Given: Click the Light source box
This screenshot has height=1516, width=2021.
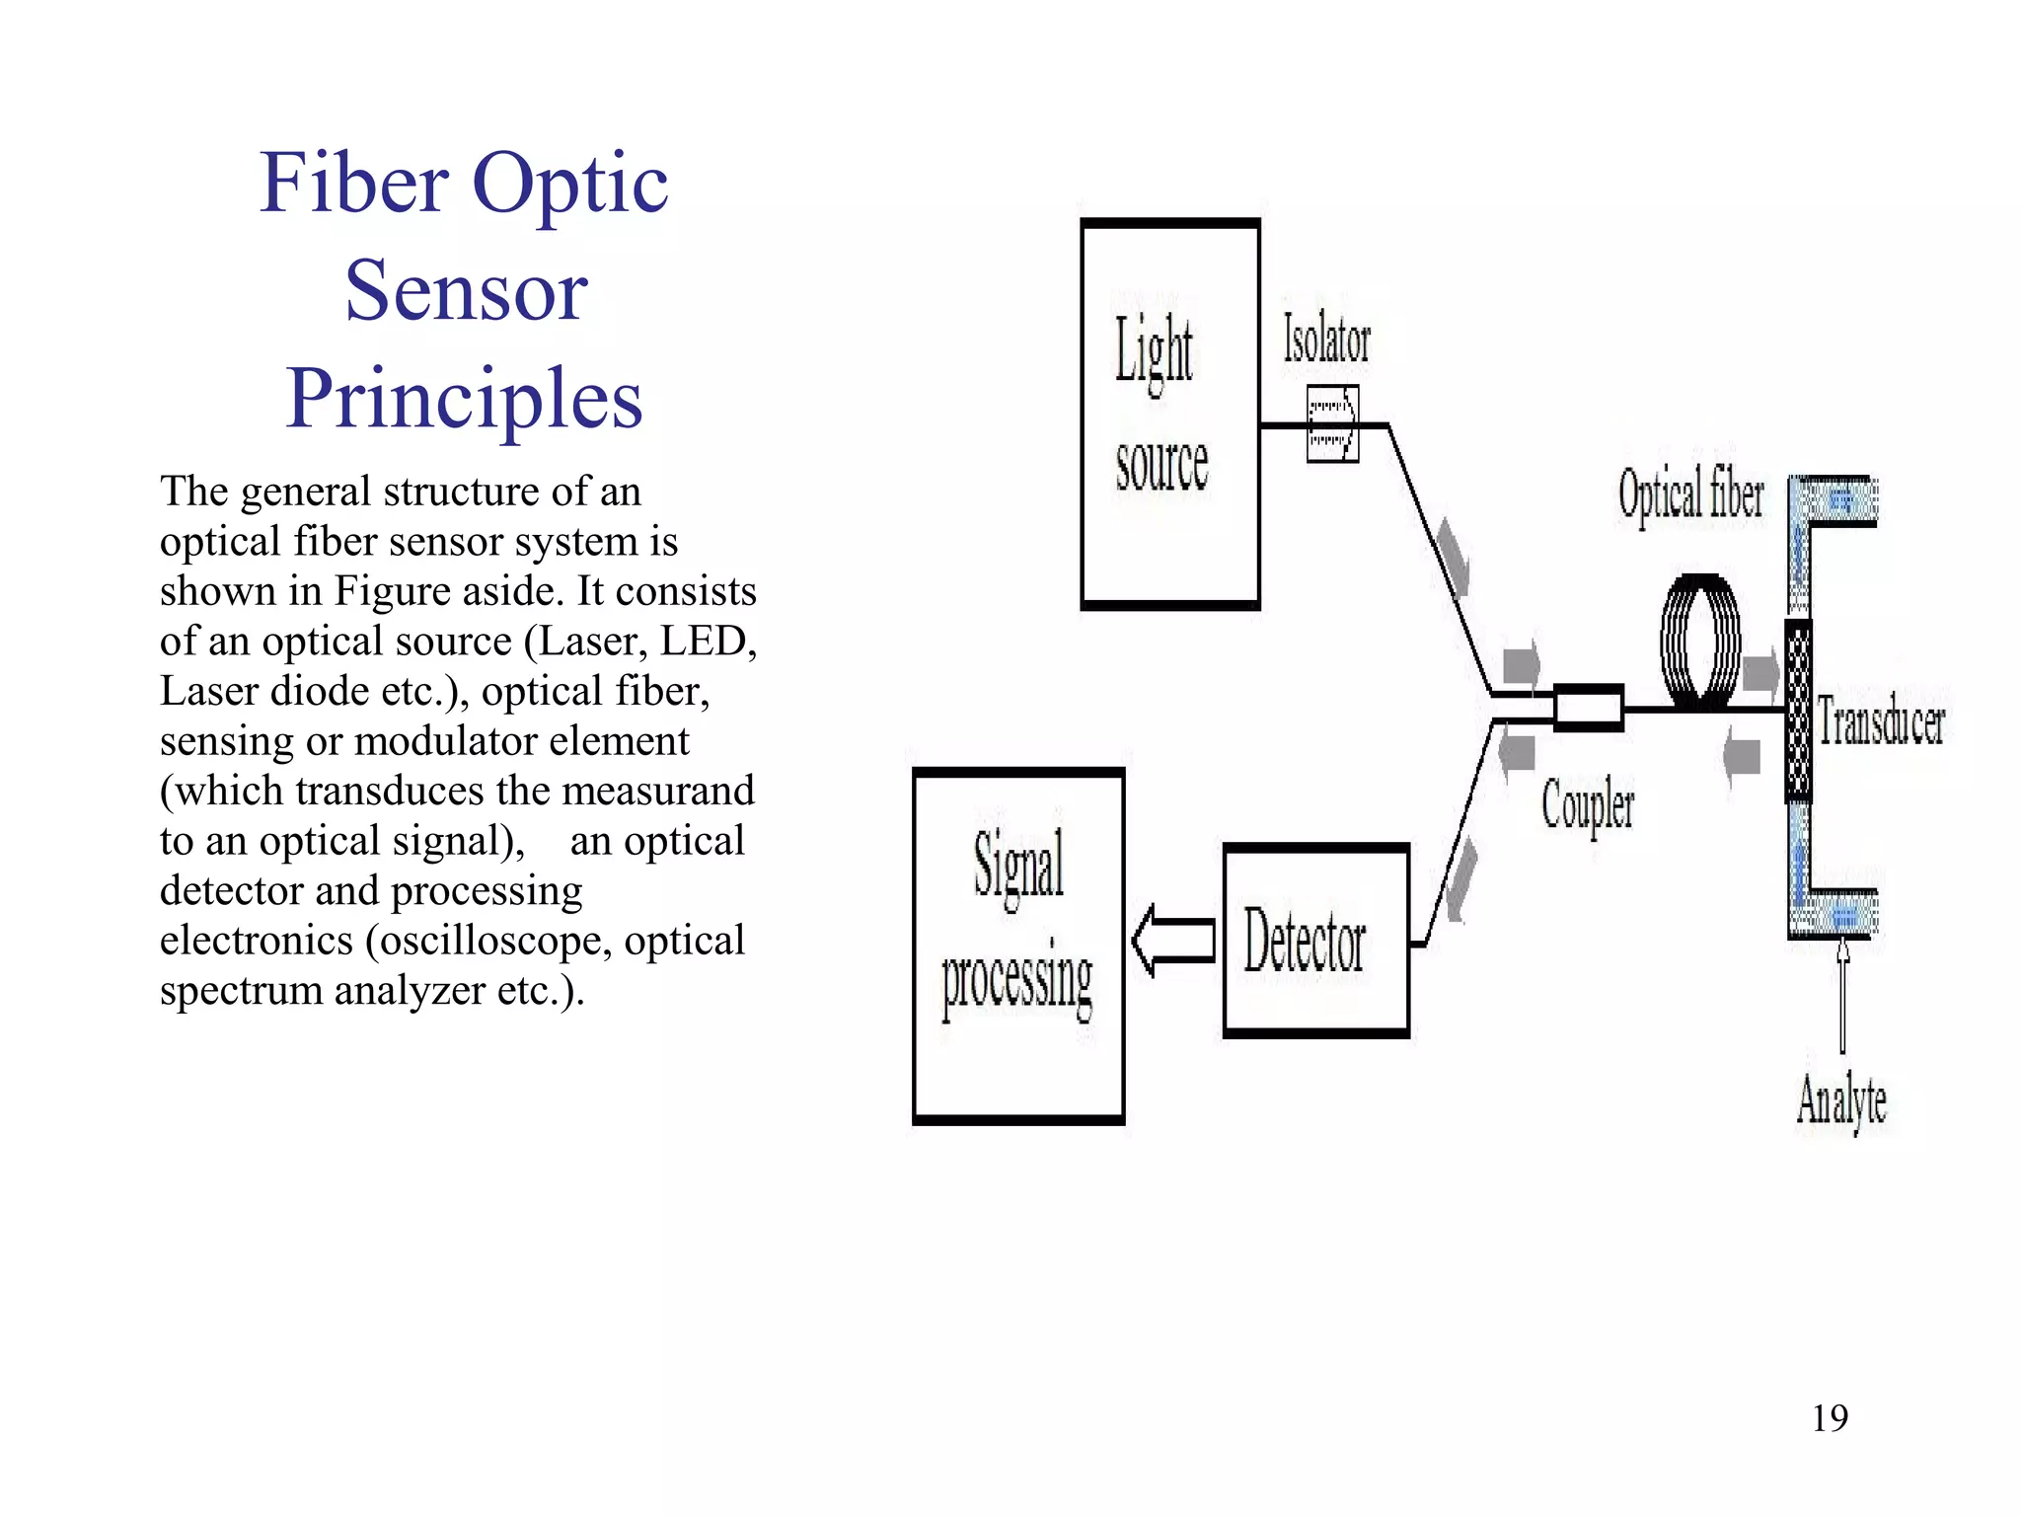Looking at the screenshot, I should click(x=1170, y=415).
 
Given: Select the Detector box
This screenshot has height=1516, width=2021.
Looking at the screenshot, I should click(x=1314, y=941).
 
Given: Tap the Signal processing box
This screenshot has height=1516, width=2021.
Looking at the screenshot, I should click(x=1018, y=946).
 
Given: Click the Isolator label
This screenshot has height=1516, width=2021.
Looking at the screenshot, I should click(x=1326, y=341).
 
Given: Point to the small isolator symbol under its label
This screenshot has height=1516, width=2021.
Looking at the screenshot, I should click(x=1332, y=424).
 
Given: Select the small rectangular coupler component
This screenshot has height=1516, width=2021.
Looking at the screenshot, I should click(x=1588, y=708).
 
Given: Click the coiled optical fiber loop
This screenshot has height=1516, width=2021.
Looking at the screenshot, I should click(x=1699, y=642).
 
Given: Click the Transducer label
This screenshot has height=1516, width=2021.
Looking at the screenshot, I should click(x=1880, y=720).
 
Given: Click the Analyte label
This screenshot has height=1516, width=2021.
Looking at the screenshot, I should click(x=1840, y=1100).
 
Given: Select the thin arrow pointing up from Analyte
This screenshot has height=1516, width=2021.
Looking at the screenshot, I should click(x=1842, y=997).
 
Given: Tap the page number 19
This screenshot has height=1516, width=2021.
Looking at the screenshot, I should click(x=1829, y=1418).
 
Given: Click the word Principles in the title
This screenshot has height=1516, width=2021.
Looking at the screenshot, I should click(x=464, y=399).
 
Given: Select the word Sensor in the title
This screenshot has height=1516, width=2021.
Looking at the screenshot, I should click(x=466, y=291).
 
